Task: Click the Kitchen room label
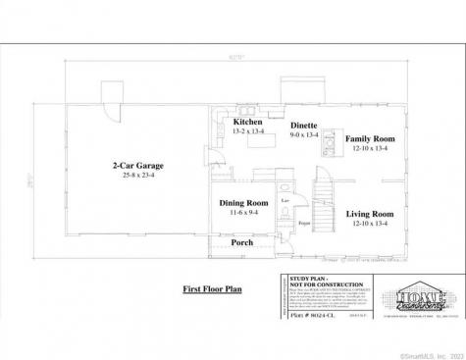coord(246,122)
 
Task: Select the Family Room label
coord(369,139)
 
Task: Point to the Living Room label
coord(369,213)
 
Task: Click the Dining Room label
coord(242,202)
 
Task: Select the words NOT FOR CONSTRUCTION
coord(313,285)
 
